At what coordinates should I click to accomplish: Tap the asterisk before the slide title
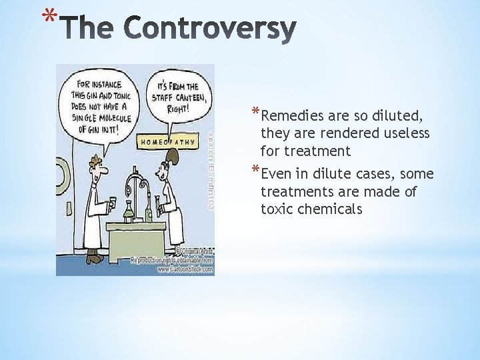(x=46, y=15)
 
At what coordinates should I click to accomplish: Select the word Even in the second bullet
(x=277, y=174)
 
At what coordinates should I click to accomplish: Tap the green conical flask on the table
(x=129, y=213)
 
